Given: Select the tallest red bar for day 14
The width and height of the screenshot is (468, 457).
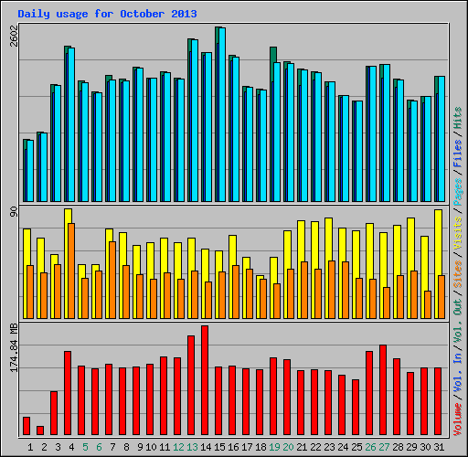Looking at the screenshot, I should (205, 380).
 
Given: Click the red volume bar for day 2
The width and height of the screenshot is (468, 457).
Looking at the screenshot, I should (40, 430).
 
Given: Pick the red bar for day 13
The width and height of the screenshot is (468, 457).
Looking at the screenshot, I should (191, 385).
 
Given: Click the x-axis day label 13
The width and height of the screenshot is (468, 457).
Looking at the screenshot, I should (192, 446).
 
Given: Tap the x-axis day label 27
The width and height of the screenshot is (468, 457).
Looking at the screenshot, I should (384, 446).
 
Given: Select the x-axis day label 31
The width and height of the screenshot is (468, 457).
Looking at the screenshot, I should (439, 446).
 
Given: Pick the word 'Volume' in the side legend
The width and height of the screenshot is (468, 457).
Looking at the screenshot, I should (458, 416).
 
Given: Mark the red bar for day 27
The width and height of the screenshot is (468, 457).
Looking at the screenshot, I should (383, 389).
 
